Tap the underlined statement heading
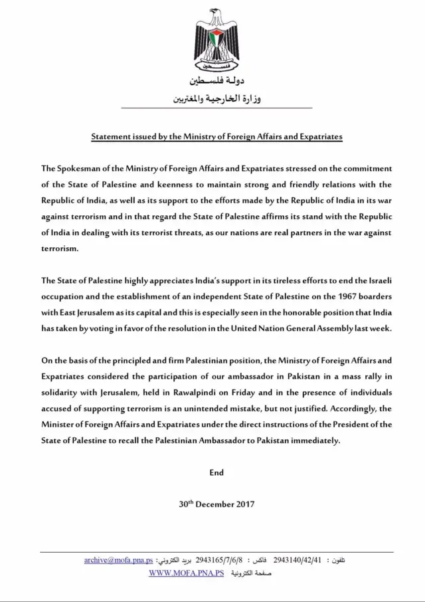(x=216, y=136)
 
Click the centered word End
(x=216, y=473)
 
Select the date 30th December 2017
(x=216, y=503)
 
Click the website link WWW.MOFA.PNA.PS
(x=185, y=572)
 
